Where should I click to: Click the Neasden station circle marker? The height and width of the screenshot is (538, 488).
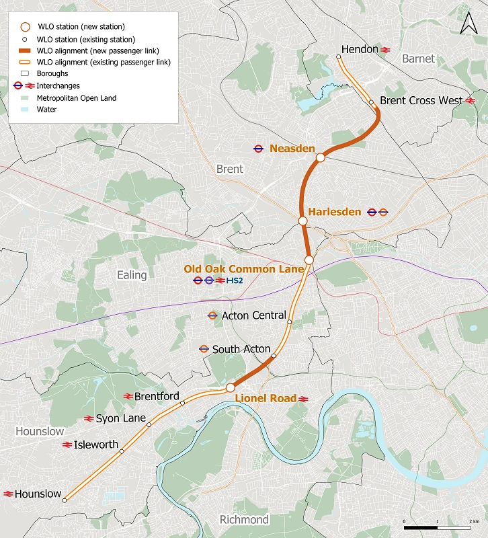(321, 157)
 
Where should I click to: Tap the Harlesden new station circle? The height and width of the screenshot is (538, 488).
(303, 220)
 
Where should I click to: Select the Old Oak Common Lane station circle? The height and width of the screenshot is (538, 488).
(309, 260)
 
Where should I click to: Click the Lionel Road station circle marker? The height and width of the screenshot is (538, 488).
(230, 387)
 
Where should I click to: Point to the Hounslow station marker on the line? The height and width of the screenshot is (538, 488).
(65, 500)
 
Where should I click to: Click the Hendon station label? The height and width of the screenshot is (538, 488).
(360, 50)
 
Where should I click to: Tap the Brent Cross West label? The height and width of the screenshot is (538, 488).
(421, 100)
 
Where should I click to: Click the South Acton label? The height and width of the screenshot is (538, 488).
(241, 349)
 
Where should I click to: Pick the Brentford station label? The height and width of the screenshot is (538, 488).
(157, 396)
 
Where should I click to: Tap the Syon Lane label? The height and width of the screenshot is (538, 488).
(121, 418)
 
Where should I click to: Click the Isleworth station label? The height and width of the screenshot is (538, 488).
(96, 445)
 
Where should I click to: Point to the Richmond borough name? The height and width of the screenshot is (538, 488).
(244, 520)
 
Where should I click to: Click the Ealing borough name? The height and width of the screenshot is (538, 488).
(132, 275)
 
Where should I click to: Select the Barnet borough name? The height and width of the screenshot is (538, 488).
(418, 59)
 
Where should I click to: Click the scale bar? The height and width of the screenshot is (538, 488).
(440, 526)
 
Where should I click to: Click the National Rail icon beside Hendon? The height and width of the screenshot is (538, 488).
(386, 50)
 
